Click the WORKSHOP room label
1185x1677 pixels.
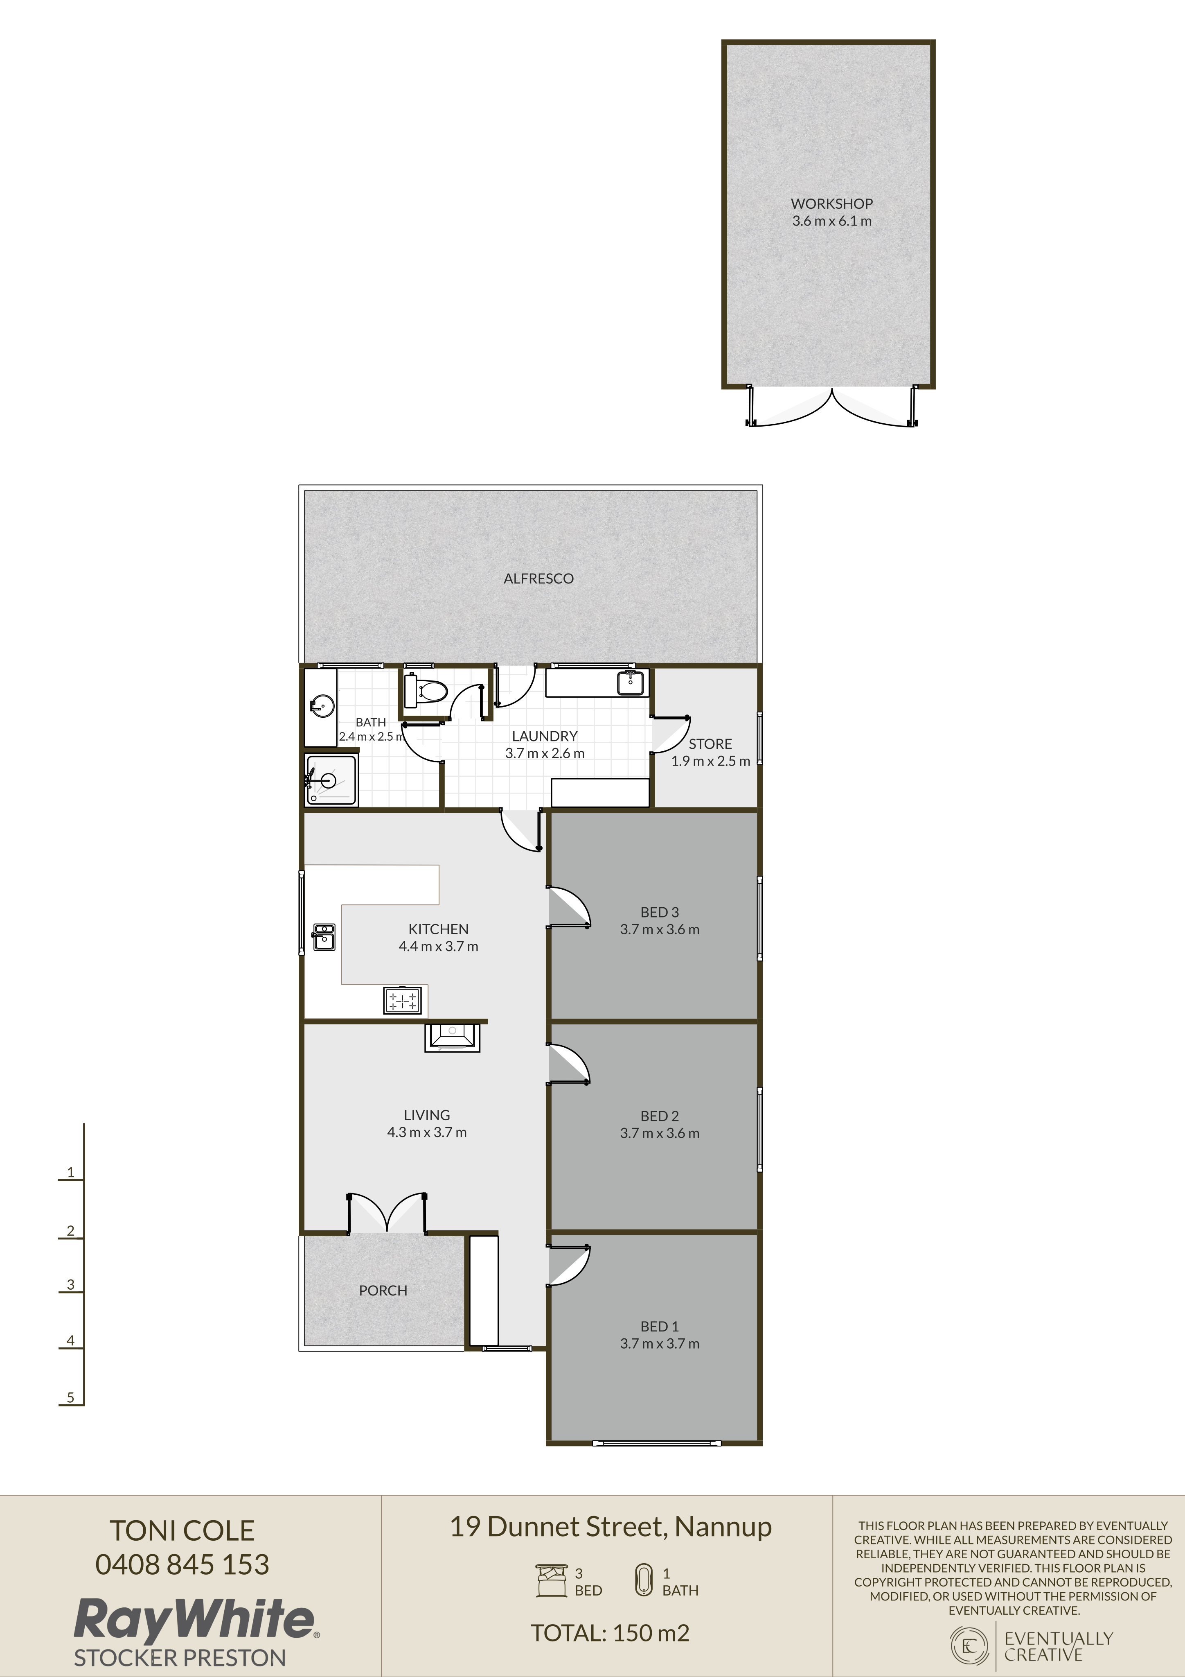pyautogui.click(x=831, y=204)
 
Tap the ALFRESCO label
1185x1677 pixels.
pyautogui.click(x=538, y=579)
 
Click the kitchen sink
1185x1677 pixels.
pyautogui.click(x=323, y=937)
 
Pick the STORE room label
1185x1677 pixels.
pyautogui.click(x=710, y=744)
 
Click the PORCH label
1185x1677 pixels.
pyautogui.click(x=383, y=1291)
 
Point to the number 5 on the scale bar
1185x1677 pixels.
pyautogui.click(x=71, y=1397)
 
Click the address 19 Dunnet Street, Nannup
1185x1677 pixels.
pyautogui.click(x=611, y=1527)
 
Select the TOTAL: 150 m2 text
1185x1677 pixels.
pyautogui.click(x=610, y=1633)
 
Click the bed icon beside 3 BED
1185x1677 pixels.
pyautogui.click(x=551, y=1581)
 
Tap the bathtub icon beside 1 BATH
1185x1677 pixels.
pyautogui.click(x=643, y=1580)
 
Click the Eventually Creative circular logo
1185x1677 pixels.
pyautogui.click(x=969, y=1645)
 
